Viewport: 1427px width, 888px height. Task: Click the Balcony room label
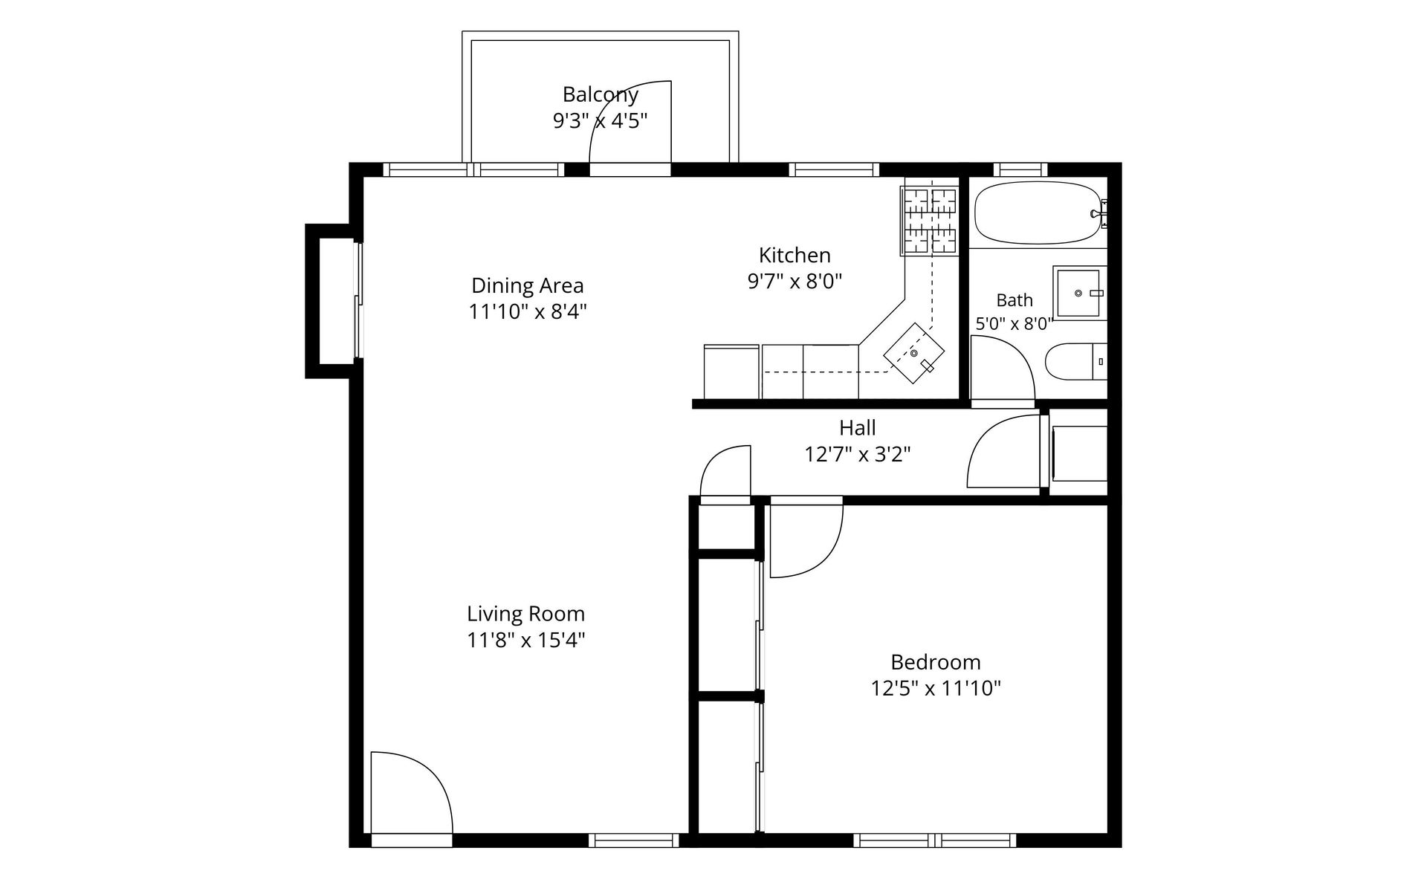600,95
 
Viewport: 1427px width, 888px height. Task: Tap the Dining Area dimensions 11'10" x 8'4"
528,312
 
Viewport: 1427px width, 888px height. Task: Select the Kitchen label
795,256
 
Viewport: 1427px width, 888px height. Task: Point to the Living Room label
526,615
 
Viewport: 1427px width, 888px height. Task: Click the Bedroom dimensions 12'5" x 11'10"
936,689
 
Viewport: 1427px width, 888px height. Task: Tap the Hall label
858,428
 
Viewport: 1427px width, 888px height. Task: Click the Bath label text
1015,300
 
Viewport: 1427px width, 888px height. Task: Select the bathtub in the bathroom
1038,213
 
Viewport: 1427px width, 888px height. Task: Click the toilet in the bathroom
1076,362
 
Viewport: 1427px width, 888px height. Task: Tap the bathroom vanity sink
1079,294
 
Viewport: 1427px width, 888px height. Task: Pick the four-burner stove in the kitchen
929,221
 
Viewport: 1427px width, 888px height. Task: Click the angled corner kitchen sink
914,353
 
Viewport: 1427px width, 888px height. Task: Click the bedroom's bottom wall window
934,840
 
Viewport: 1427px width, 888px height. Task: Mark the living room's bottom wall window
634,840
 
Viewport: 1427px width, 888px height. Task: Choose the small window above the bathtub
1020,169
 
